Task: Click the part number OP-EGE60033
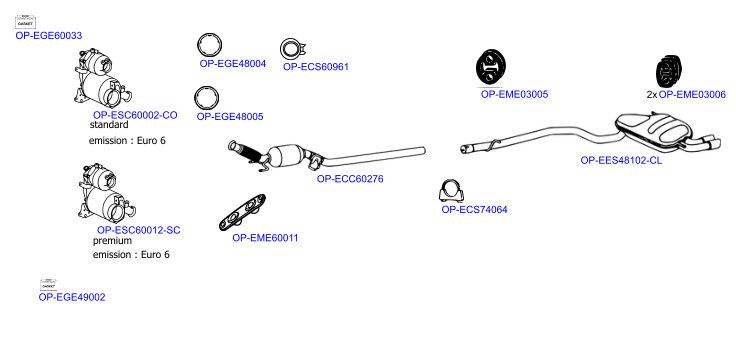pos(49,36)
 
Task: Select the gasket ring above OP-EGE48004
pos(209,36)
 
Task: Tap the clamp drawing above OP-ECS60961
pos(293,49)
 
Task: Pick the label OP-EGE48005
pos(230,117)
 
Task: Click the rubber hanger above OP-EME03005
pos(491,67)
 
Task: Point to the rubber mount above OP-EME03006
pos(668,71)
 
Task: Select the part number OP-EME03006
pos(692,95)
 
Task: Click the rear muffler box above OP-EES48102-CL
pos(654,128)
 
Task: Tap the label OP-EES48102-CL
pos(621,161)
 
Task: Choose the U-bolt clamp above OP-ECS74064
pos(451,191)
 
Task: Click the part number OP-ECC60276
pos(350,179)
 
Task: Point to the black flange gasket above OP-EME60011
pos(243,212)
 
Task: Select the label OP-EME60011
pos(265,238)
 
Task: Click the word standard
pos(109,125)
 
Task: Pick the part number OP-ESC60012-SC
pos(138,230)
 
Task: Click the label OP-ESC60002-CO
pos(135,115)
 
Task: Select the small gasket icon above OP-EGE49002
pos(48,284)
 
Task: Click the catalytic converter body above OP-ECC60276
pos(286,155)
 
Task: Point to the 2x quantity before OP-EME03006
pos(652,95)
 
